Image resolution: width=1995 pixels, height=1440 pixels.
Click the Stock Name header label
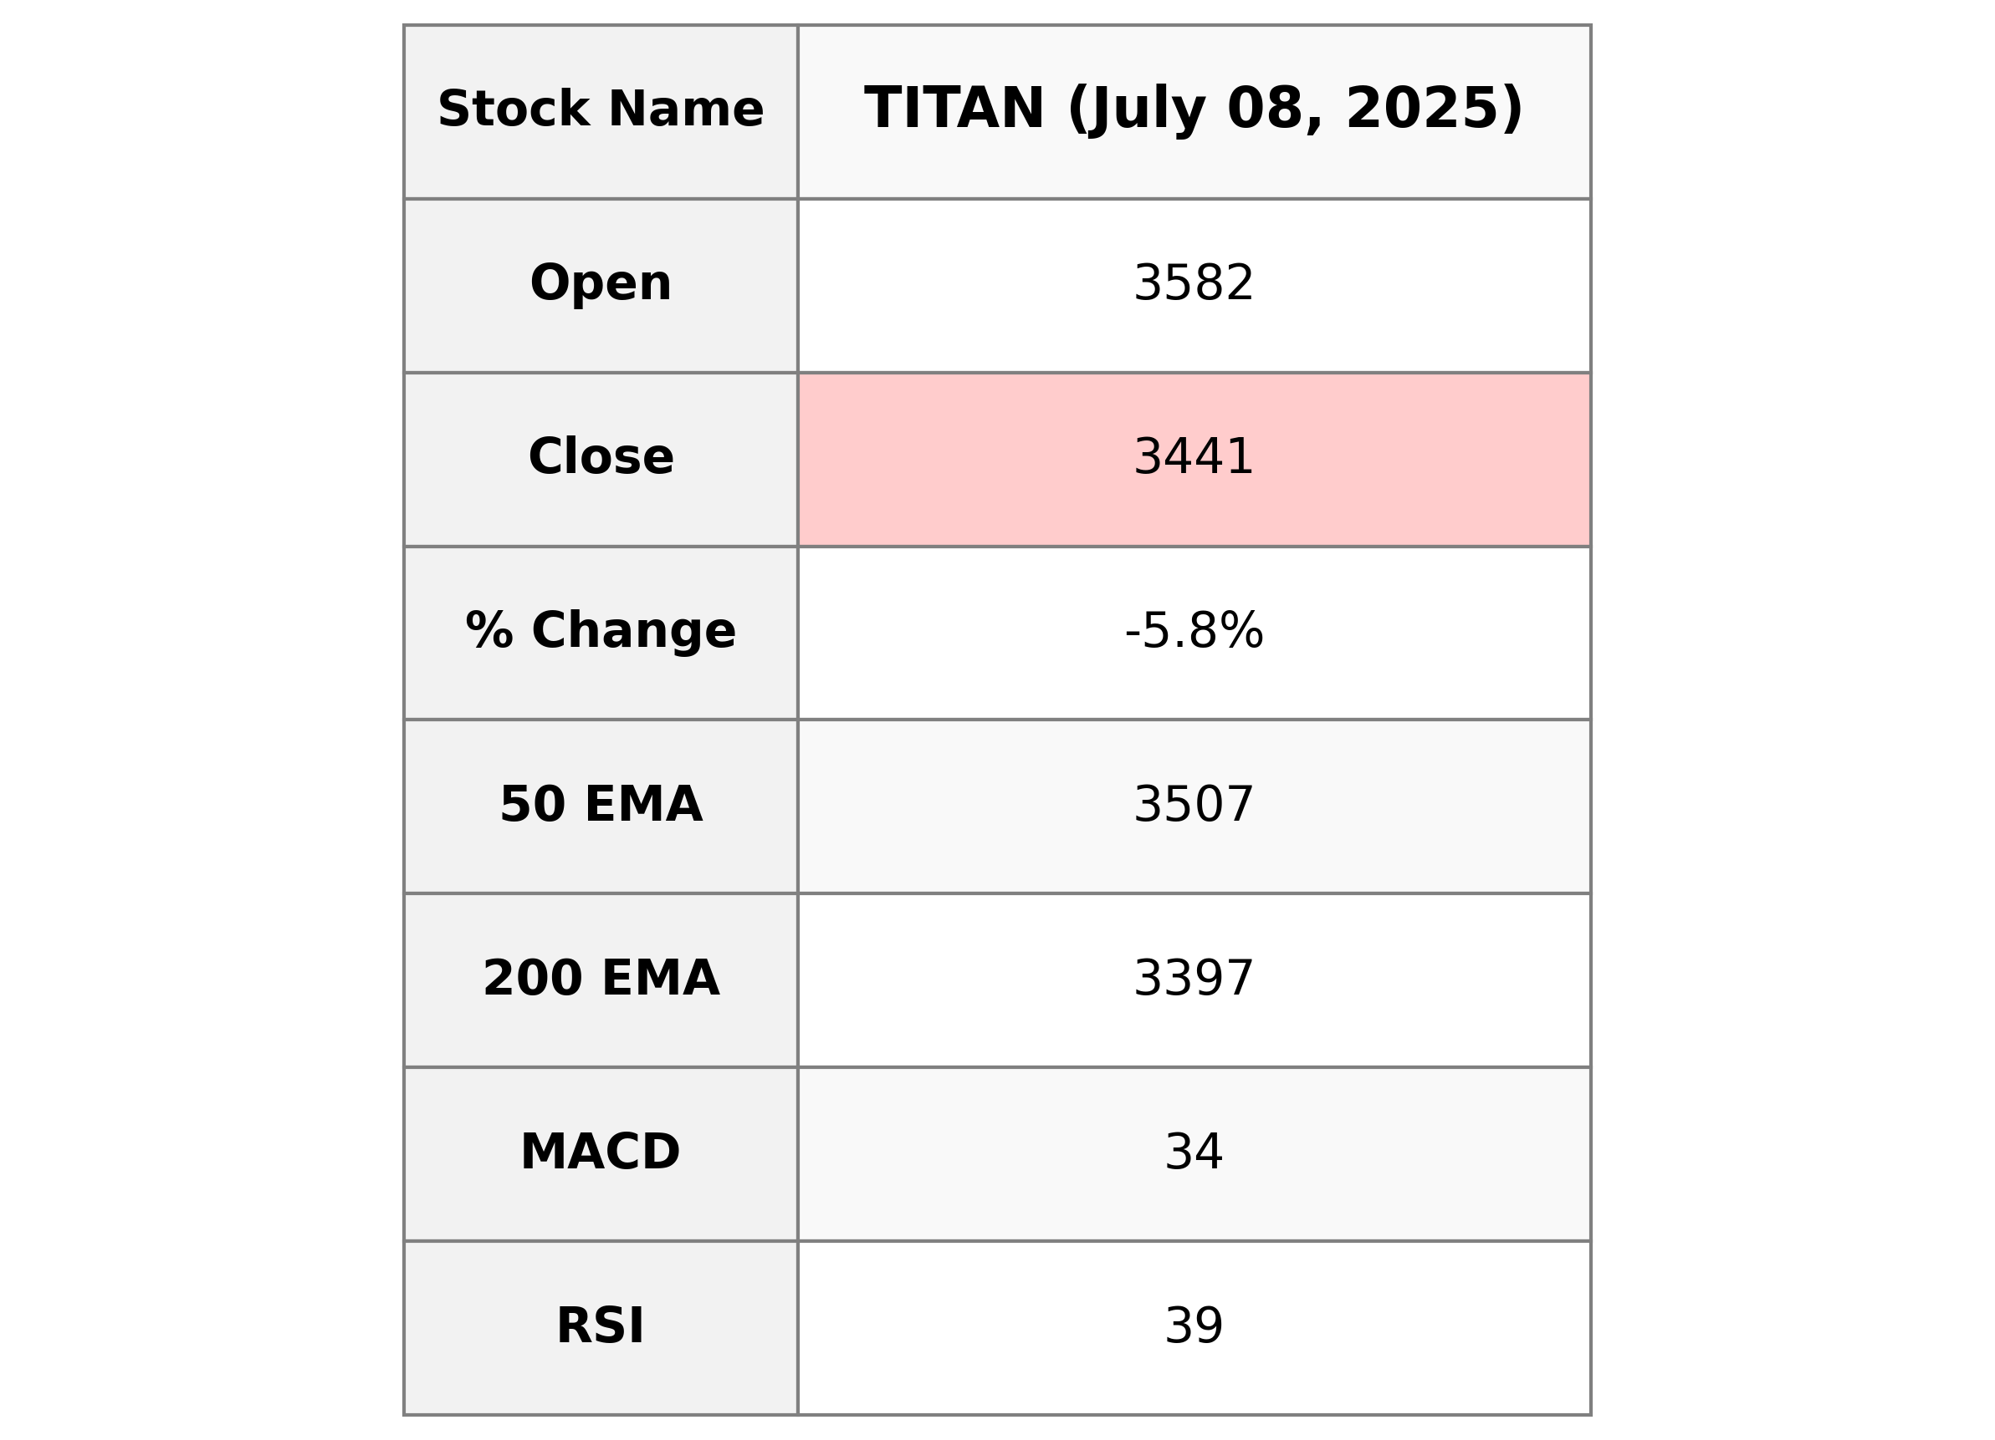click(x=601, y=109)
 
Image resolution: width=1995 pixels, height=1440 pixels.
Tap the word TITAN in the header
click(x=954, y=109)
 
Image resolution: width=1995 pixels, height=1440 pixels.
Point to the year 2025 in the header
click(x=1434, y=109)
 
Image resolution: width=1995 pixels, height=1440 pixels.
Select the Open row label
click(x=601, y=284)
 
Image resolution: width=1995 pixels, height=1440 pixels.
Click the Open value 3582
click(x=1194, y=284)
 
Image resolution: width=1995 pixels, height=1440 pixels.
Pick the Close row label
click(x=601, y=457)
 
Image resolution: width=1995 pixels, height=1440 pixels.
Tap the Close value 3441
click(x=1194, y=457)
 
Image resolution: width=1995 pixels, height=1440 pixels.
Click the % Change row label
click(x=601, y=631)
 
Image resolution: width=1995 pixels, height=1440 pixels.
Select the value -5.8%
click(x=1194, y=631)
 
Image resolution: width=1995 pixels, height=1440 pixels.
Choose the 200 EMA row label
click(x=601, y=979)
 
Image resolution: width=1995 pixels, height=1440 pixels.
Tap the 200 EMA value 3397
click(x=1194, y=979)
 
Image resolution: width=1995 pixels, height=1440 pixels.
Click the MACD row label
click(x=601, y=1152)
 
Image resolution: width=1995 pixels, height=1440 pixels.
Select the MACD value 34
click(x=1194, y=1152)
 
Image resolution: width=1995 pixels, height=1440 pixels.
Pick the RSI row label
click(x=601, y=1326)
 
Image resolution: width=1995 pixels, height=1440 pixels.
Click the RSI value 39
click(x=1194, y=1326)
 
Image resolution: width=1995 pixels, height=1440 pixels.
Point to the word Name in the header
click(x=686, y=109)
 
